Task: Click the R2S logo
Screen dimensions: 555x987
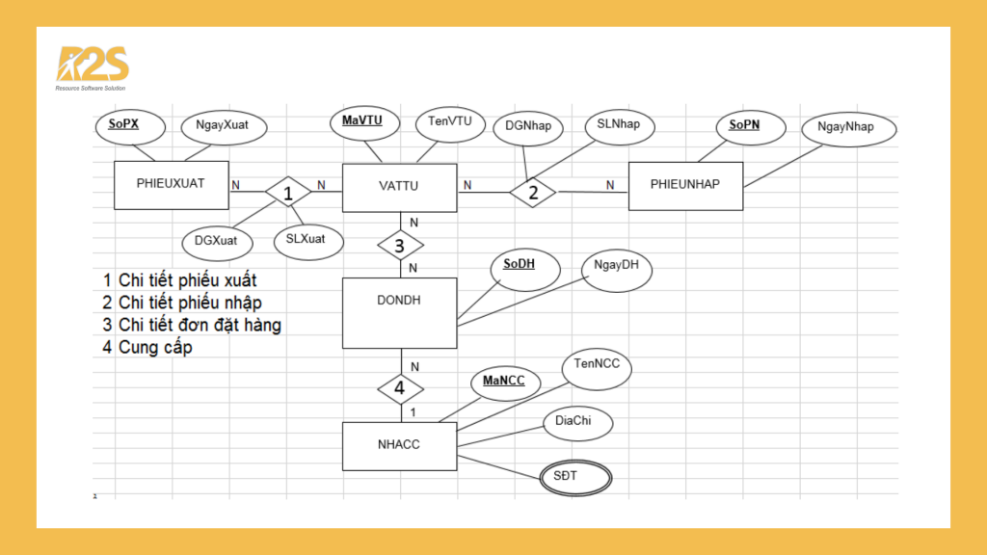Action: coord(93,67)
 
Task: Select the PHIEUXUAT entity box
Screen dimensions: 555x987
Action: coord(172,185)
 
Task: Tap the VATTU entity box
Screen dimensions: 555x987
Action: coord(400,186)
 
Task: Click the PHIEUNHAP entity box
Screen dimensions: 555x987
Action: coord(685,185)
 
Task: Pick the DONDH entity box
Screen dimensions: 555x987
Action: coord(400,312)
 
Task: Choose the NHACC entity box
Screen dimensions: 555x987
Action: coord(400,446)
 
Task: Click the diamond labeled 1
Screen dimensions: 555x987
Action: coord(287,192)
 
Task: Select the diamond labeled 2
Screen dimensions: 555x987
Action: coord(533,192)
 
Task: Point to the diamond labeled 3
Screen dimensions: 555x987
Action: coord(400,245)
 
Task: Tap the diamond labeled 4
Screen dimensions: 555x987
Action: coord(400,389)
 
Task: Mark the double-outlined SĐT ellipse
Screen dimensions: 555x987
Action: coord(574,477)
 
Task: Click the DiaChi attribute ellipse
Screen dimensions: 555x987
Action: coord(577,422)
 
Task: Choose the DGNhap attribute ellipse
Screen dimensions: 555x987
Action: coord(528,128)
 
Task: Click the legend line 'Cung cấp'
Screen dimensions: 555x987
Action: coord(154,347)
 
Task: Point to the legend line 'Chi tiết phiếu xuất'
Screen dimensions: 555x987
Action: coord(180,280)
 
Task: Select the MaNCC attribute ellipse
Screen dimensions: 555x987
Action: coord(504,383)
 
